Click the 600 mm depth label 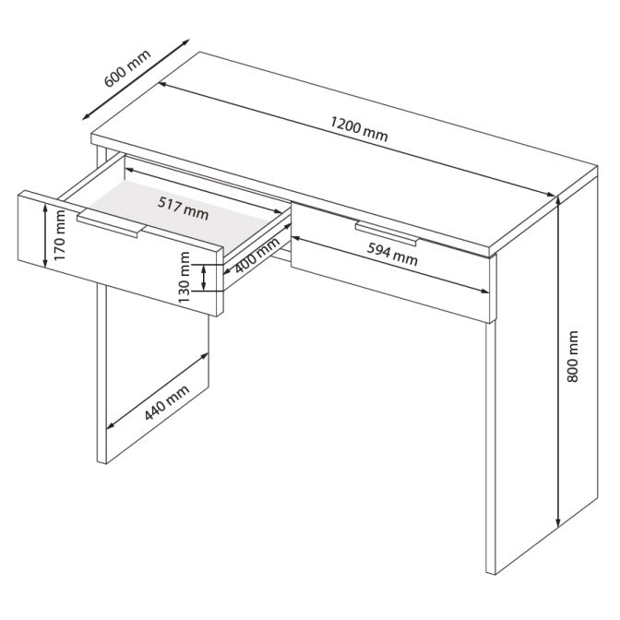pyautogui.click(x=127, y=68)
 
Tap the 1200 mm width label pyautogui.click(x=359, y=128)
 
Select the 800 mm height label pyautogui.click(x=572, y=357)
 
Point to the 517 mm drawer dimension pyautogui.click(x=183, y=208)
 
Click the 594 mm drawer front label pyautogui.click(x=392, y=254)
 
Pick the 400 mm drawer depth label pyautogui.click(x=257, y=256)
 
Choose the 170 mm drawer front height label pyautogui.click(x=60, y=235)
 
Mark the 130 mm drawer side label pyautogui.click(x=185, y=277)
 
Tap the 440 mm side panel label pyautogui.click(x=167, y=402)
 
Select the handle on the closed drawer pyautogui.click(x=387, y=233)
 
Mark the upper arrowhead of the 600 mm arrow pyautogui.click(x=185, y=42)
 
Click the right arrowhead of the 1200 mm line pyautogui.click(x=550, y=194)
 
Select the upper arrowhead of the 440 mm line pyautogui.click(x=204, y=356)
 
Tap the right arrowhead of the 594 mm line pyautogui.click(x=484, y=292)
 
